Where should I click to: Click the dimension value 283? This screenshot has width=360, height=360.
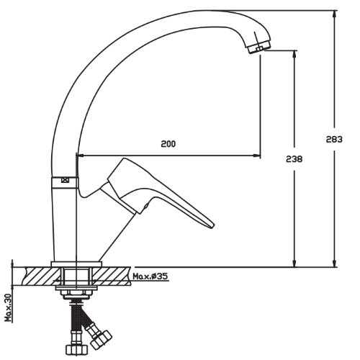coord(334,139)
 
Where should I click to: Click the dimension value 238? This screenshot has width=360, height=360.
coord(294,159)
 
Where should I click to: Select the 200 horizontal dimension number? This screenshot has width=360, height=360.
coord(168,144)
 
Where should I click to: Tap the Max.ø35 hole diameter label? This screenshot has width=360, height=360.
coord(150,276)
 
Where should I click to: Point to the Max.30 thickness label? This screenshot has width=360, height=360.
coord(9,308)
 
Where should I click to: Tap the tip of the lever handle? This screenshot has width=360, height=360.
coord(213,226)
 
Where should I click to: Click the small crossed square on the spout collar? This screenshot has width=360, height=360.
coord(65,180)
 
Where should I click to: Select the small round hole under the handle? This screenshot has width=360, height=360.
coord(145,206)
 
